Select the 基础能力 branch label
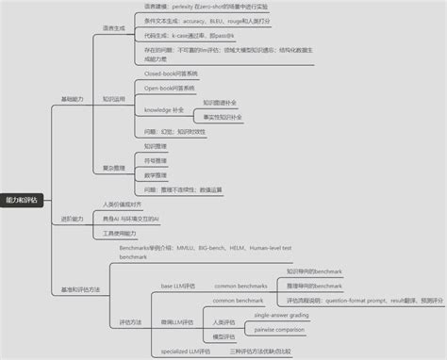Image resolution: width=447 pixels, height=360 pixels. click(73, 98)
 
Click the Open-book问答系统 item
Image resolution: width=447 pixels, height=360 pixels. click(171, 87)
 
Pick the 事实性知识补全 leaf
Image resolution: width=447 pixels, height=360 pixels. click(223, 117)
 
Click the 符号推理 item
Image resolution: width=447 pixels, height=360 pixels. click(156, 160)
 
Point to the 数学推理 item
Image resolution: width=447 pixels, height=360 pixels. click(156, 174)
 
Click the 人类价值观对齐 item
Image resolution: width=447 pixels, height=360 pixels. click(123, 204)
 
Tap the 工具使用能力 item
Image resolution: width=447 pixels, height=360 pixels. click(119, 233)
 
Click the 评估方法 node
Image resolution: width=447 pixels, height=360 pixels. click(131, 321)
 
